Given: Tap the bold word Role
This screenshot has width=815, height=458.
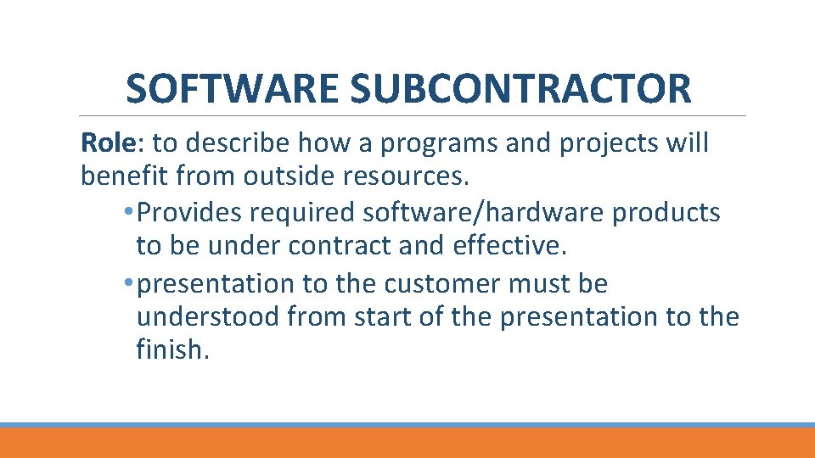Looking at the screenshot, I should tap(106, 143).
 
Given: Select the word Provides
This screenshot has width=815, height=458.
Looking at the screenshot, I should tap(182, 212).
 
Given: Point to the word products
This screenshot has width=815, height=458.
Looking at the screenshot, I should tap(666, 212).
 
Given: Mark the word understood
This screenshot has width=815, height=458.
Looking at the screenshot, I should tap(207, 316).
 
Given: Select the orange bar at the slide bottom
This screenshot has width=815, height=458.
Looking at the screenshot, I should tap(407, 443).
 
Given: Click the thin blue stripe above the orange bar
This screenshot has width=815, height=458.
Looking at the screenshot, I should tap(407, 425).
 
